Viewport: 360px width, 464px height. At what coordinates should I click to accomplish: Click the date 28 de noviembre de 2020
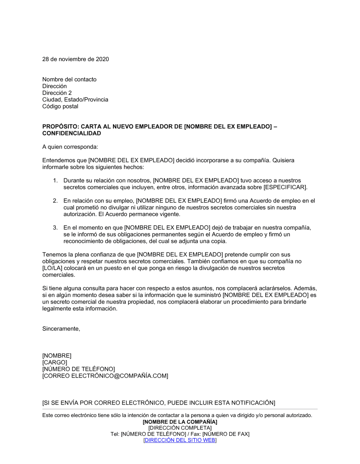76,59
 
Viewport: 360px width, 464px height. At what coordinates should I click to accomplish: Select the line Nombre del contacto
69,79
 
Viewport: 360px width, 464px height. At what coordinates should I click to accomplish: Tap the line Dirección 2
57,93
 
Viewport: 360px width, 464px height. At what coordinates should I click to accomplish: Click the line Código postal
60,106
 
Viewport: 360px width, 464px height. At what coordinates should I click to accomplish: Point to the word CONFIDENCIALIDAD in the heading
72,133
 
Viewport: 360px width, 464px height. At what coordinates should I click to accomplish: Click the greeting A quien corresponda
70,147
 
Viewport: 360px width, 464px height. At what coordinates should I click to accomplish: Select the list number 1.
55,181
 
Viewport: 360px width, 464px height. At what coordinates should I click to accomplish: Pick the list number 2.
55,201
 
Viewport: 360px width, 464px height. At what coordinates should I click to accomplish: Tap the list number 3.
55,228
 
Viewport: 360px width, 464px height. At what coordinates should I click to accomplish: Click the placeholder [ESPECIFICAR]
285,187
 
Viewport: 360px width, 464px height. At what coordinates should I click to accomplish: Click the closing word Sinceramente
61,329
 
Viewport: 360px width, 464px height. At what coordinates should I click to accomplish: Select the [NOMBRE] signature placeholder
57,356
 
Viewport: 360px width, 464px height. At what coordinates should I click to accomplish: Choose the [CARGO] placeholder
55,363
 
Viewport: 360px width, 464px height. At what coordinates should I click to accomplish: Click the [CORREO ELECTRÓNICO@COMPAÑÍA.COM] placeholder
105,376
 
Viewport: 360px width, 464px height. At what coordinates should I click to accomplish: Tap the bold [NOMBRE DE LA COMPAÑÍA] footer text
180,422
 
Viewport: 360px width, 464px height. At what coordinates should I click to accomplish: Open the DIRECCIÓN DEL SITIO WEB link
180,440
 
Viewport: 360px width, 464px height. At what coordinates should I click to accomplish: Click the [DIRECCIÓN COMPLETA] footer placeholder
180,428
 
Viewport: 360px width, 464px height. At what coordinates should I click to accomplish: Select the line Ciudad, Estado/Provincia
75,100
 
